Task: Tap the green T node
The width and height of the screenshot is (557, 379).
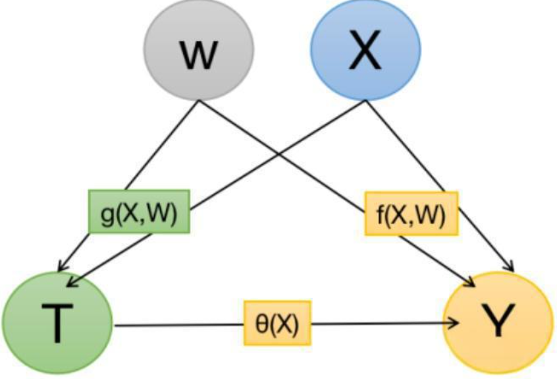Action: [57, 322]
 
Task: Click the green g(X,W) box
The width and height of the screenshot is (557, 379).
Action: [138, 211]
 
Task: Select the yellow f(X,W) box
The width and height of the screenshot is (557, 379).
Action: [411, 213]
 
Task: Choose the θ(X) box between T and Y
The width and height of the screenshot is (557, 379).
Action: [277, 323]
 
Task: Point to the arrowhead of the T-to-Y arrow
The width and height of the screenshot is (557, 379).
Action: [454, 323]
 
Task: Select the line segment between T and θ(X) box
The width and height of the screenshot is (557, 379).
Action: [178, 324]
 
